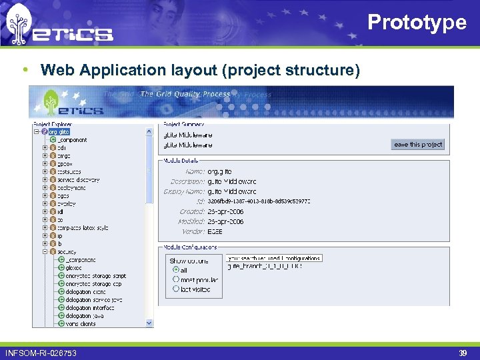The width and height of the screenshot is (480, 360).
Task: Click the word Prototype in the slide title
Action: coord(417,22)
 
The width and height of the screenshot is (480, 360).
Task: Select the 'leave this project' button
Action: coord(418,144)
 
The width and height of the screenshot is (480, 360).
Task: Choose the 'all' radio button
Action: coord(176,270)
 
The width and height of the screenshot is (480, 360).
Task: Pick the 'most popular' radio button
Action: coord(176,279)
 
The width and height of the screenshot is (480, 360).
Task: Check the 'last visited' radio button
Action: coord(176,289)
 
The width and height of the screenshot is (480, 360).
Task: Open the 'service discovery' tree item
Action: coord(77,180)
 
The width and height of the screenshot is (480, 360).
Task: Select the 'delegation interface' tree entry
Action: coord(90,308)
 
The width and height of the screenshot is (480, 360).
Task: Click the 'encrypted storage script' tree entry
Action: coord(95,276)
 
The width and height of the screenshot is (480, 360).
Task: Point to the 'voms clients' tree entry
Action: coord(80,324)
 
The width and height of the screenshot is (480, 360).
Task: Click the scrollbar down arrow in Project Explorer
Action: coord(149,323)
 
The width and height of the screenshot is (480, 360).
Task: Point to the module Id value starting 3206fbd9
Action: coord(259,201)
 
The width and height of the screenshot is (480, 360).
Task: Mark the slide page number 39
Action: coord(463,352)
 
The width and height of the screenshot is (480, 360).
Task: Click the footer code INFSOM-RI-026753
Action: coord(41,352)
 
